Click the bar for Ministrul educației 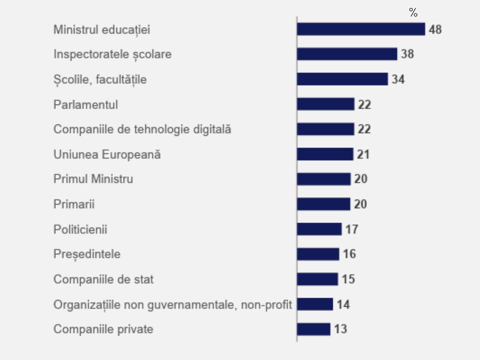point(361,29)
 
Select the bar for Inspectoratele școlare point(347,54)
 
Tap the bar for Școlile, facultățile point(342,79)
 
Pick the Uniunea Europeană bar point(325,154)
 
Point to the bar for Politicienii point(319,229)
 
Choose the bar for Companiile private point(313,329)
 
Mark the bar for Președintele point(318,254)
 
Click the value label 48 point(435,29)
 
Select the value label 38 point(407,54)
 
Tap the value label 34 point(398,79)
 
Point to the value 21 point(363,154)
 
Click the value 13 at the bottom point(340,329)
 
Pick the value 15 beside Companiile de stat point(348,279)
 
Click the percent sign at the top point(413,13)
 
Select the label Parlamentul point(85,104)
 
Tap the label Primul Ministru point(93,179)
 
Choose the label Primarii point(74,204)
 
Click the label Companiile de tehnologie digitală point(142,129)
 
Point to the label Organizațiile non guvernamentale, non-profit point(172,304)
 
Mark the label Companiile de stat point(103,279)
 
